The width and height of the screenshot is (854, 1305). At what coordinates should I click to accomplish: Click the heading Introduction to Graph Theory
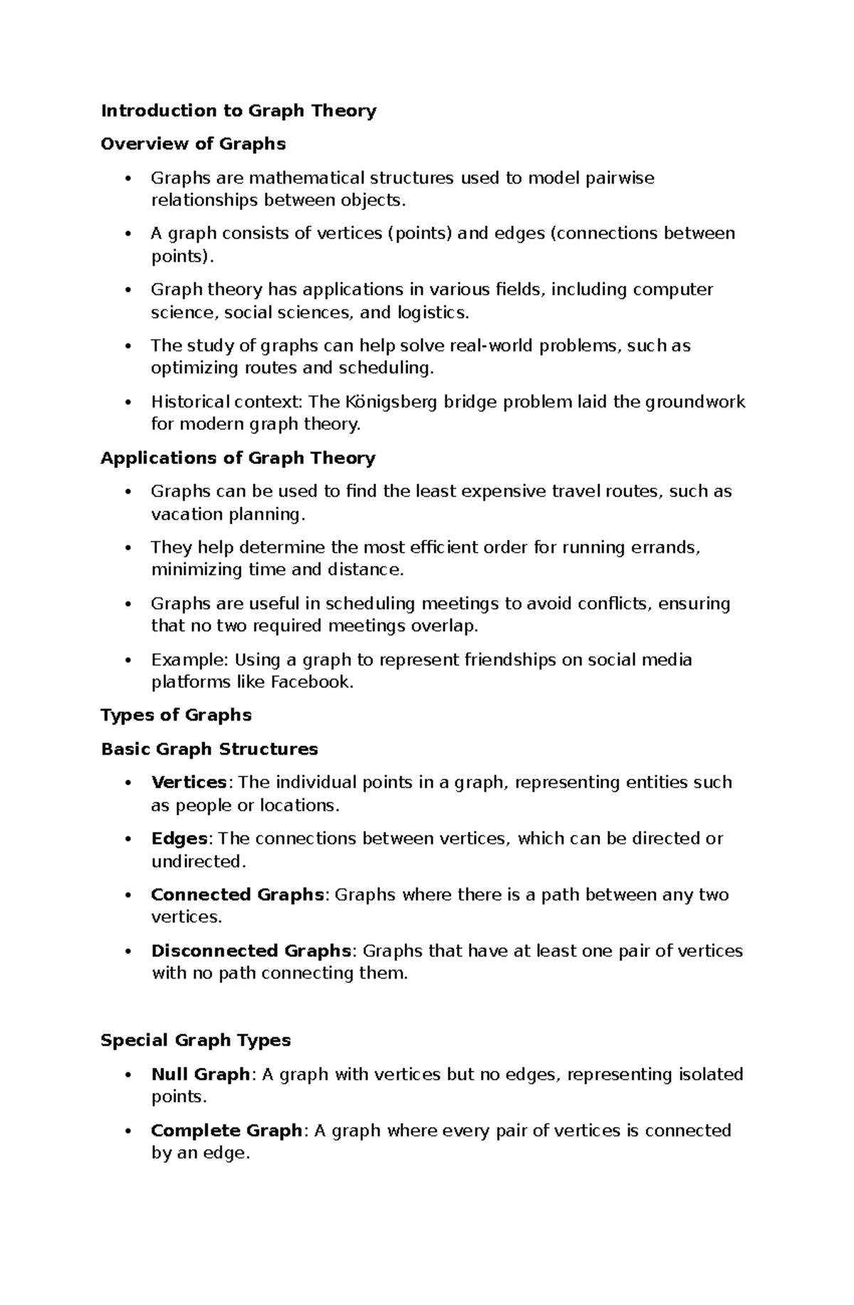pos(238,110)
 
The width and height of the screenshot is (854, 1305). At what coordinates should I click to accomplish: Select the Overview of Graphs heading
pos(193,144)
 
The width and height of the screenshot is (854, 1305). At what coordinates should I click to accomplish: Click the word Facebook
pos(311,682)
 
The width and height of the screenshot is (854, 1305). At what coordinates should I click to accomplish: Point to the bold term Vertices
pos(189,782)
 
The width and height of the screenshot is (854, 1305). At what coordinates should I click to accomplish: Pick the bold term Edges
pos(179,838)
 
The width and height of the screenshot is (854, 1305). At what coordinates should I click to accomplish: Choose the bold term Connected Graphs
pos(237,895)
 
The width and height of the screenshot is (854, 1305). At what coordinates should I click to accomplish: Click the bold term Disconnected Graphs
pos(251,951)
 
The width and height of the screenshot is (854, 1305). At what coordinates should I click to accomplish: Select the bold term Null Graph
pos(200,1074)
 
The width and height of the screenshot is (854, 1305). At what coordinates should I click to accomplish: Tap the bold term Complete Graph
pos(226,1130)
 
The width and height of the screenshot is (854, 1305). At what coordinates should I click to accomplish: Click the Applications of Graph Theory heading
pos(238,458)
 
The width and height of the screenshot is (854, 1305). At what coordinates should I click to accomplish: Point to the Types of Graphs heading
pos(176,715)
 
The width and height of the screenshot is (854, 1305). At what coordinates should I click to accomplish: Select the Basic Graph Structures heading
pos(209,749)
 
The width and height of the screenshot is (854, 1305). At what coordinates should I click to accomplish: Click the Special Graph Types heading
pos(196,1040)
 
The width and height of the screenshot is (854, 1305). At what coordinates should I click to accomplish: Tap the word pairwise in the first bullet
pos(619,178)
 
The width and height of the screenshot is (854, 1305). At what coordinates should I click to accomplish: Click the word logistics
pos(433,312)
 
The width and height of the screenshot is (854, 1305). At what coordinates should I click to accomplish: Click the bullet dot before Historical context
pos(128,403)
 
